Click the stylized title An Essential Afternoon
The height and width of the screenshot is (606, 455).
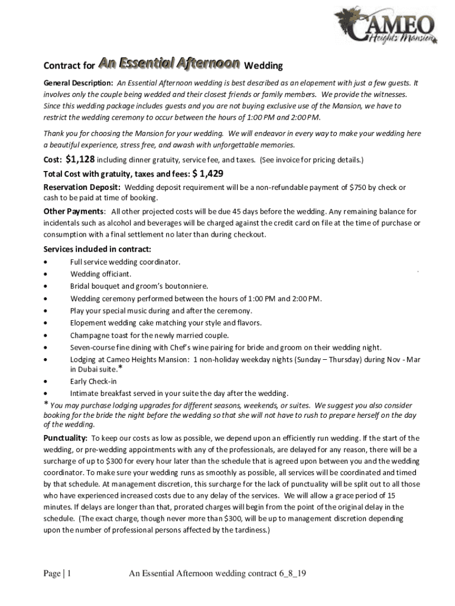[x=169, y=63]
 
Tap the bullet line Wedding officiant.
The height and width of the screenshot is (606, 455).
[x=100, y=274]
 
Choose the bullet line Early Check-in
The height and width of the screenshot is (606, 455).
[x=93, y=381]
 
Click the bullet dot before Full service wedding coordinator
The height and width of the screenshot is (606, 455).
[x=46, y=262]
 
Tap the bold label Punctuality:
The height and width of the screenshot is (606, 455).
[x=66, y=439]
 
